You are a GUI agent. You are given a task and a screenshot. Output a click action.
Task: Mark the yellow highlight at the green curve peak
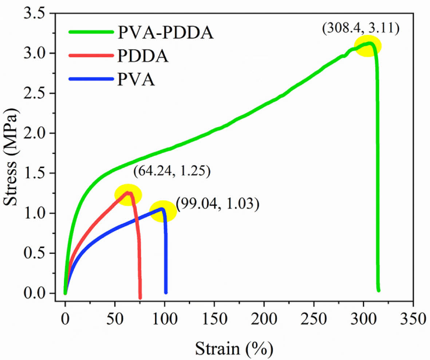[368, 46]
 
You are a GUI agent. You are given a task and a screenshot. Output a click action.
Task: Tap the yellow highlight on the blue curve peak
[163, 211]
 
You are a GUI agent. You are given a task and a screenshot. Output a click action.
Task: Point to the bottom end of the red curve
[140, 298]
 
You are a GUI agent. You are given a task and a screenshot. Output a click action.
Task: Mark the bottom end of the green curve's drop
[379, 290]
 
